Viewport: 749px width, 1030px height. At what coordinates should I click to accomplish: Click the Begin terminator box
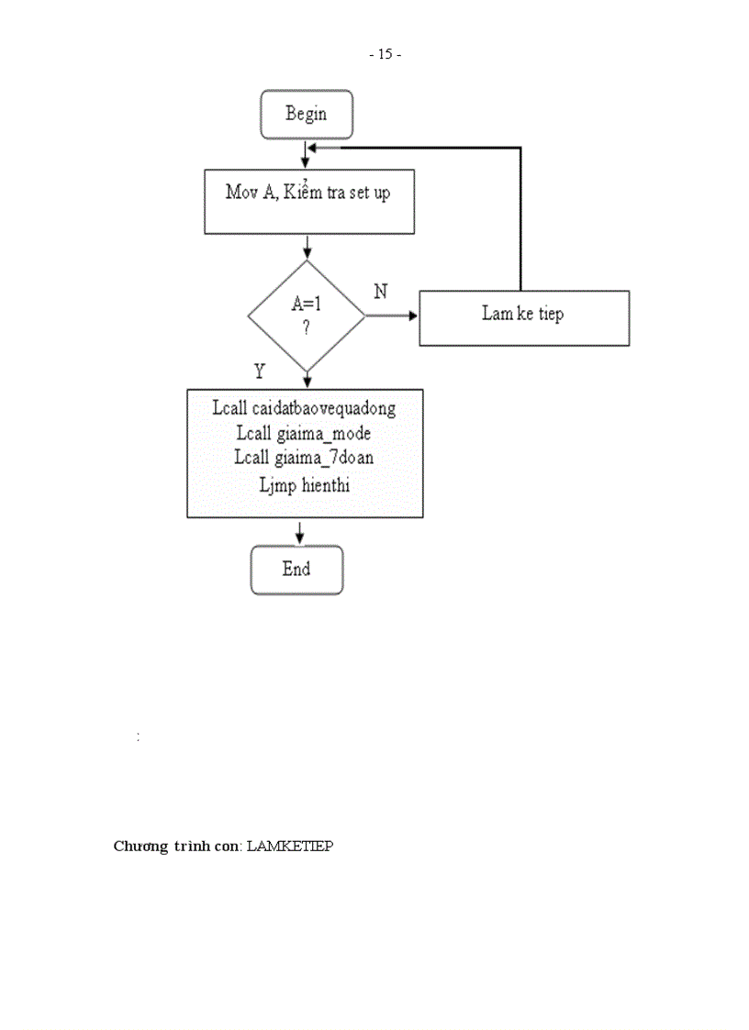(x=306, y=114)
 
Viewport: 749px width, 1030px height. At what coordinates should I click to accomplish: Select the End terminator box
(x=296, y=570)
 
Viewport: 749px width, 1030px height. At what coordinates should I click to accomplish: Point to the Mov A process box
(x=308, y=201)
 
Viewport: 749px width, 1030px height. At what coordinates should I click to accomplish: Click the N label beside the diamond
(x=380, y=292)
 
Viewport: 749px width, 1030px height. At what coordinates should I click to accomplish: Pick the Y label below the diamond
(x=260, y=371)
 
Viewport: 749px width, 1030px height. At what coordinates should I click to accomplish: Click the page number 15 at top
(x=385, y=54)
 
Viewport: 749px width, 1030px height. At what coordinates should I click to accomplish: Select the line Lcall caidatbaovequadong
(x=304, y=407)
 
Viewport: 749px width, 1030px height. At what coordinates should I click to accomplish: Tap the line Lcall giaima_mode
(x=303, y=433)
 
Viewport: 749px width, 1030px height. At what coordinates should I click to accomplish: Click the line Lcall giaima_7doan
(x=303, y=458)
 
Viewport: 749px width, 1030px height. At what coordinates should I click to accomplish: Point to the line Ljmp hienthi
(x=304, y=484)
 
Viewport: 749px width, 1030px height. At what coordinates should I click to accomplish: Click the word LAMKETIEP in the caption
(x=290, y=846)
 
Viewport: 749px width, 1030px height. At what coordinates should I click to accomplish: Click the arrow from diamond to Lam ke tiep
(x=392, y=316)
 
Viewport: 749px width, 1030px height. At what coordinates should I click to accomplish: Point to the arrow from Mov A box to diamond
(x=307, y=248)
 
